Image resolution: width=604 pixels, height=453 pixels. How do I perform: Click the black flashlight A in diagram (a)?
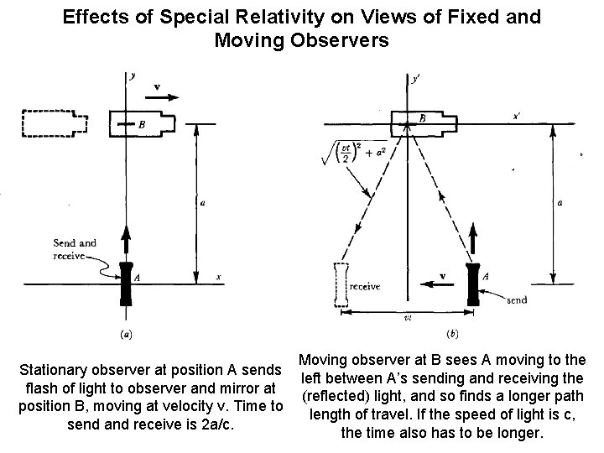coord(127,283)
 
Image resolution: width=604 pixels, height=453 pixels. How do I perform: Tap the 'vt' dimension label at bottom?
coord(407,318)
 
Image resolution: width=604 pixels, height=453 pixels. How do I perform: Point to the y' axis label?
coord(417,81)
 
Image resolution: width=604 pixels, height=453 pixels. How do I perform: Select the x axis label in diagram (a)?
coord(219,276)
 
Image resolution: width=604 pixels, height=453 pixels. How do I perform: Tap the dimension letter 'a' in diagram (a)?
coord(205,202)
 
